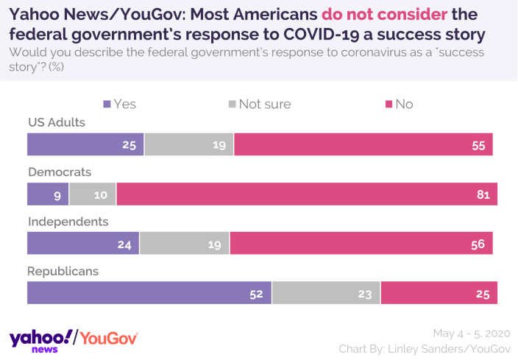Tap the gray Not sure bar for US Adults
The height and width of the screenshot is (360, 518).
click(x=189, y=144)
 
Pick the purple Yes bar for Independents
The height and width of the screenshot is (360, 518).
click(x=83, y=243)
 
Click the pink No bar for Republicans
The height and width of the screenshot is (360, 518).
click(x=439, y=292)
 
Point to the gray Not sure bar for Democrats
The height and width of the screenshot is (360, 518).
click(x=93, y=194)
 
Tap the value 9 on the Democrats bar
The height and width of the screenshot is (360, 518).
click(x=57, y=194)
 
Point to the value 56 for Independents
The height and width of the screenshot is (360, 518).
click(x=478, y=244)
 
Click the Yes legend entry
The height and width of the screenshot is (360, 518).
click(x=120, y=104)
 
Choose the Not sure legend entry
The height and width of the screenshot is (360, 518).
click(x=258, y=104)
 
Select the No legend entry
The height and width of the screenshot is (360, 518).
click(x=398, y=104)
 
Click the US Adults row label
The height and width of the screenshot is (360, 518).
click(x=57, y=122)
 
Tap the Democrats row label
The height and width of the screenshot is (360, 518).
click(x=60, y=172)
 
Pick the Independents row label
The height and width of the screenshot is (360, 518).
click(x=68, y=221)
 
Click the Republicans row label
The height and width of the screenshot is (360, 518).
click(x=63, y=270)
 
